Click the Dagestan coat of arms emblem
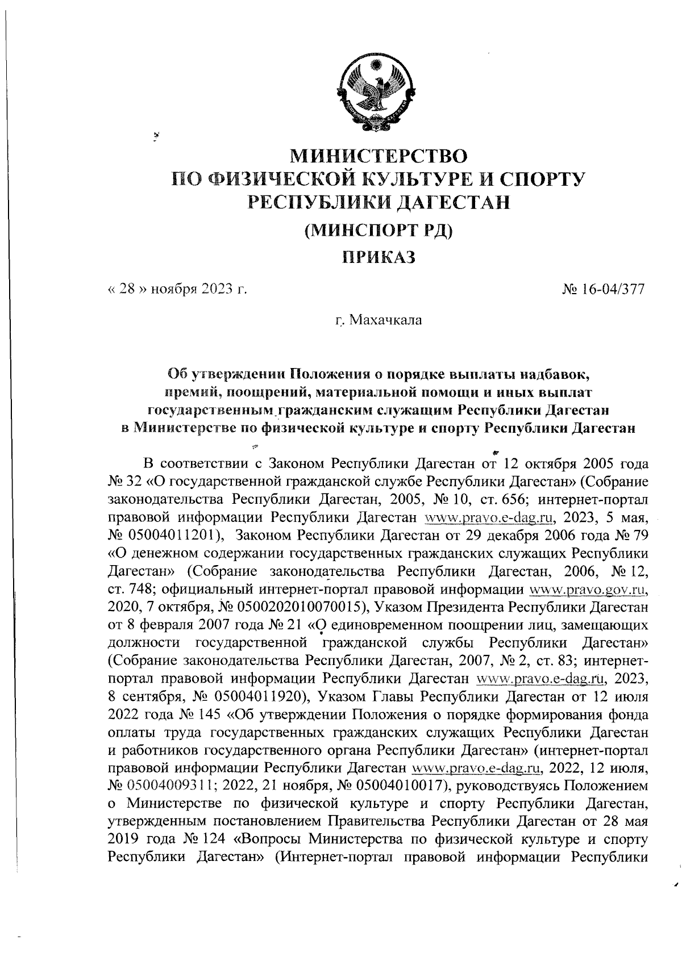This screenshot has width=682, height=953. click(377, 91)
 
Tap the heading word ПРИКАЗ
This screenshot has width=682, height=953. click(379, 257)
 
